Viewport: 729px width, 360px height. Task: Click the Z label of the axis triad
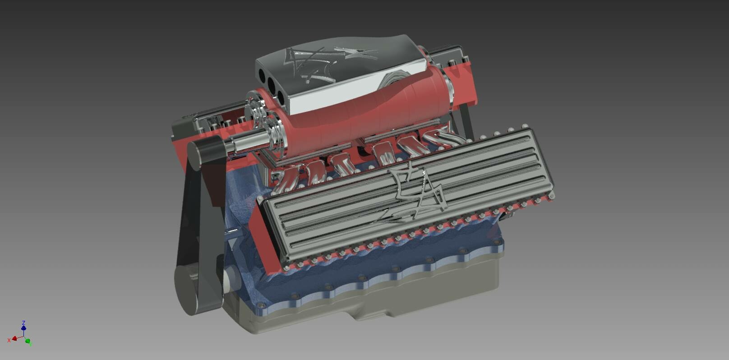coord(23,323)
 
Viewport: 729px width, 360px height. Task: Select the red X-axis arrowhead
coord(14,338)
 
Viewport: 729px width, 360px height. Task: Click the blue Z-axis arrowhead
coord(23,328)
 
